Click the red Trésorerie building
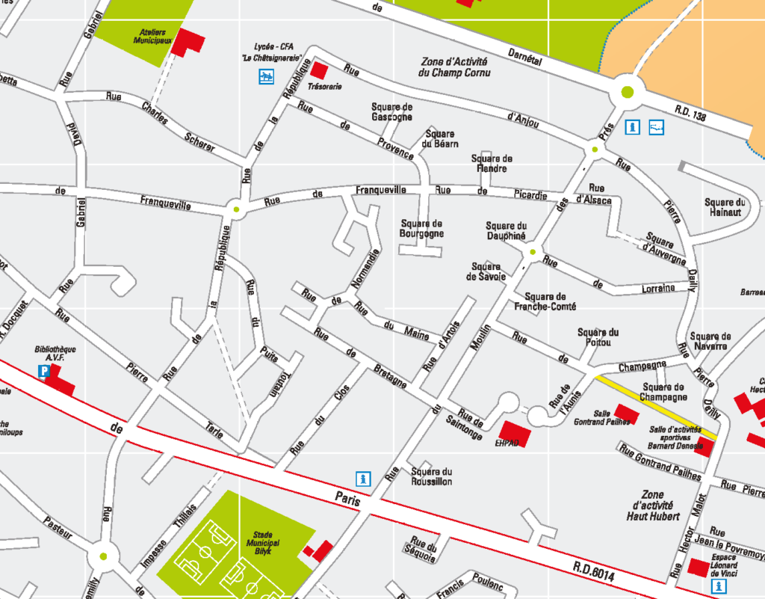click(319, 70)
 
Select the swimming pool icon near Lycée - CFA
click(266, 76)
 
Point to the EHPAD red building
click(515, 433)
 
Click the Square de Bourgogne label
click(421, 228)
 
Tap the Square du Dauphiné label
click(507, 230)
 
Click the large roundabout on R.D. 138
click(627, 93)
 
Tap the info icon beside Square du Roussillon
click(363, 477)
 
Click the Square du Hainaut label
click(725, 207)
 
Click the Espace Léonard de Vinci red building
click(699, 568)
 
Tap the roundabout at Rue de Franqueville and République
click(236, 210)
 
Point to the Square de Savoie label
click(486, 271)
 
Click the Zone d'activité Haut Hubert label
click(650, 506)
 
